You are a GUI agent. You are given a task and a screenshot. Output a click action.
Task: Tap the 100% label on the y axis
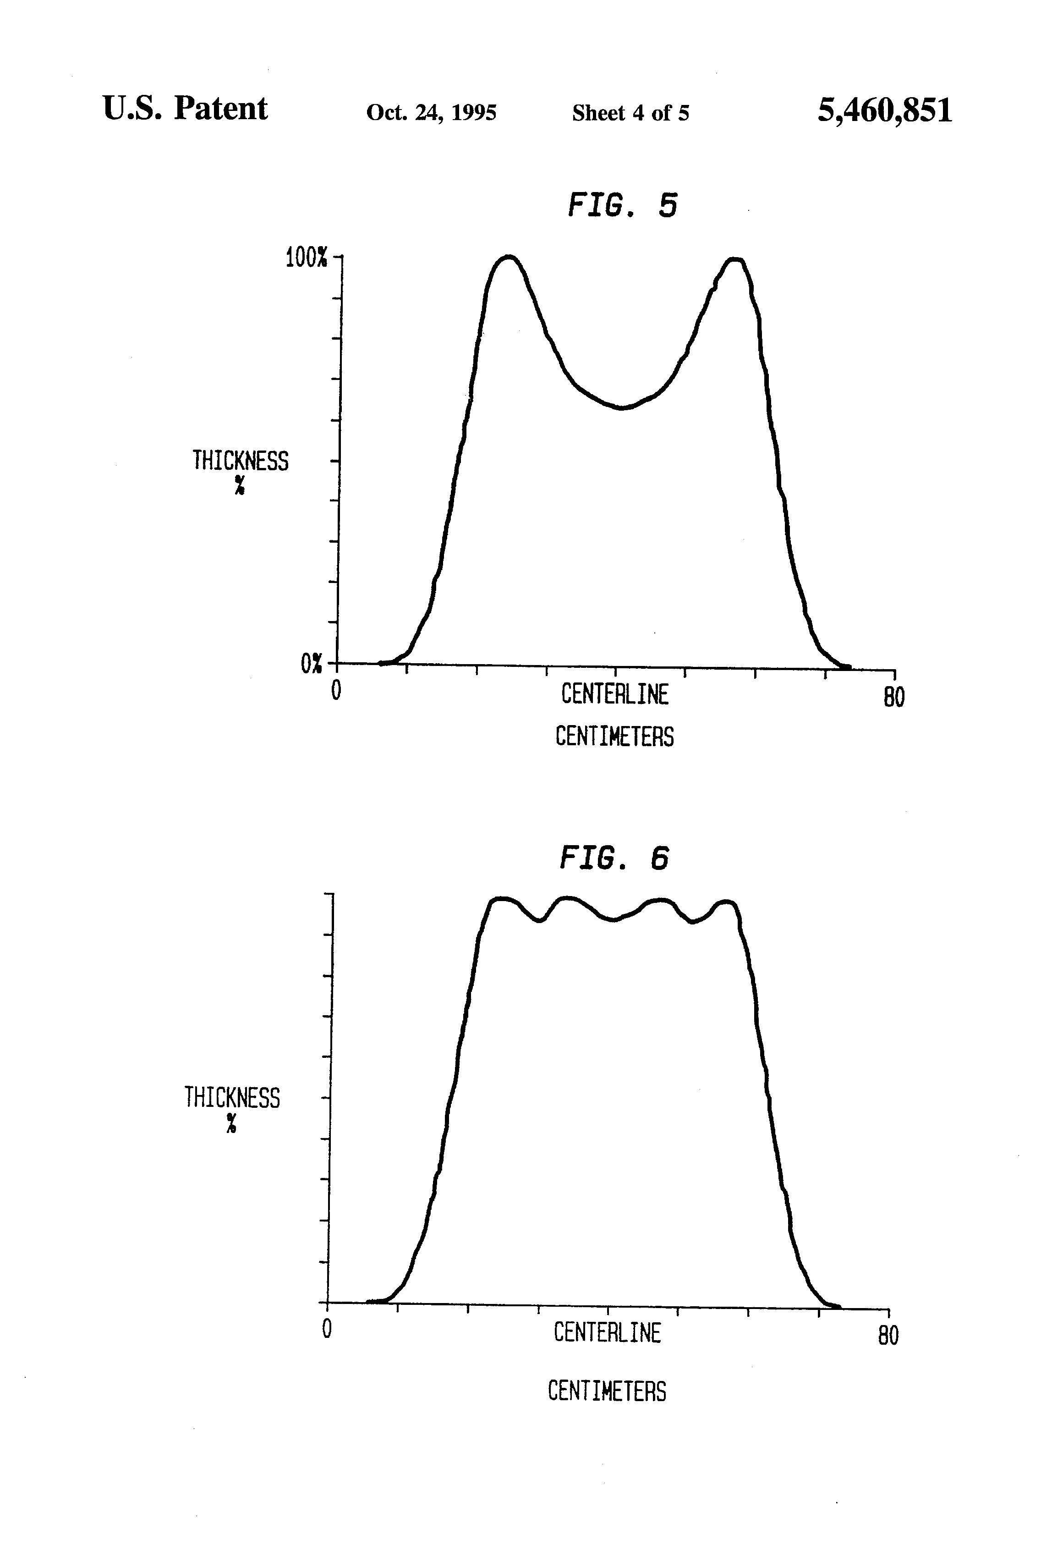tap(307, 258)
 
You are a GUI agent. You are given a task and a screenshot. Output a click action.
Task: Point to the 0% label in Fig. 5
tap(311, 664)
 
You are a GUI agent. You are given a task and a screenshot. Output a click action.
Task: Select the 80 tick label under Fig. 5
tap(893, 697)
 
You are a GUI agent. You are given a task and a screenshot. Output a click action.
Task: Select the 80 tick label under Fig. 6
tap(888, 1336)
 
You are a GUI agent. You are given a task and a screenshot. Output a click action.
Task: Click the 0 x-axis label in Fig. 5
tap(336, 691)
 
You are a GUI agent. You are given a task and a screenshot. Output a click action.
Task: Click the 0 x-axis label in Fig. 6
tap(327, 1329)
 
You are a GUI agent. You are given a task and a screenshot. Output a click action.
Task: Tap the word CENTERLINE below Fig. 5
tap(615, 694)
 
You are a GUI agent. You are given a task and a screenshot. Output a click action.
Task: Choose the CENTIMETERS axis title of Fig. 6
tap(607, 1391)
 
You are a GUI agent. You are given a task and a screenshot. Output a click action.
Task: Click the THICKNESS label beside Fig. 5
tap(240, 461)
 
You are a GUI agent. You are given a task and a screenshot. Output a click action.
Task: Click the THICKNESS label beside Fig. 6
tap(232, 1098)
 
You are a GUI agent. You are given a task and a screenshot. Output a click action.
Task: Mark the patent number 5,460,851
tap(884, 110)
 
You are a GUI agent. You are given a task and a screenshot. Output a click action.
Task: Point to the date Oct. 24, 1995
tap(431, 112)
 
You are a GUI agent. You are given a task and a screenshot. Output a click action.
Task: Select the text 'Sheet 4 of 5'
tap(630, 113)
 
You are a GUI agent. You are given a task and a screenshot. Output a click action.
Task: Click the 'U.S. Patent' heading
tap(185, 108)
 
